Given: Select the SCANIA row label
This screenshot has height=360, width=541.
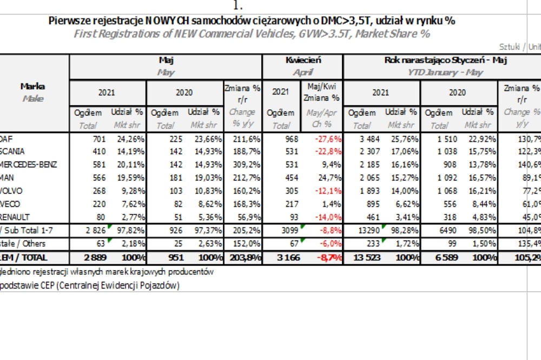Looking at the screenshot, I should coord(12,151).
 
